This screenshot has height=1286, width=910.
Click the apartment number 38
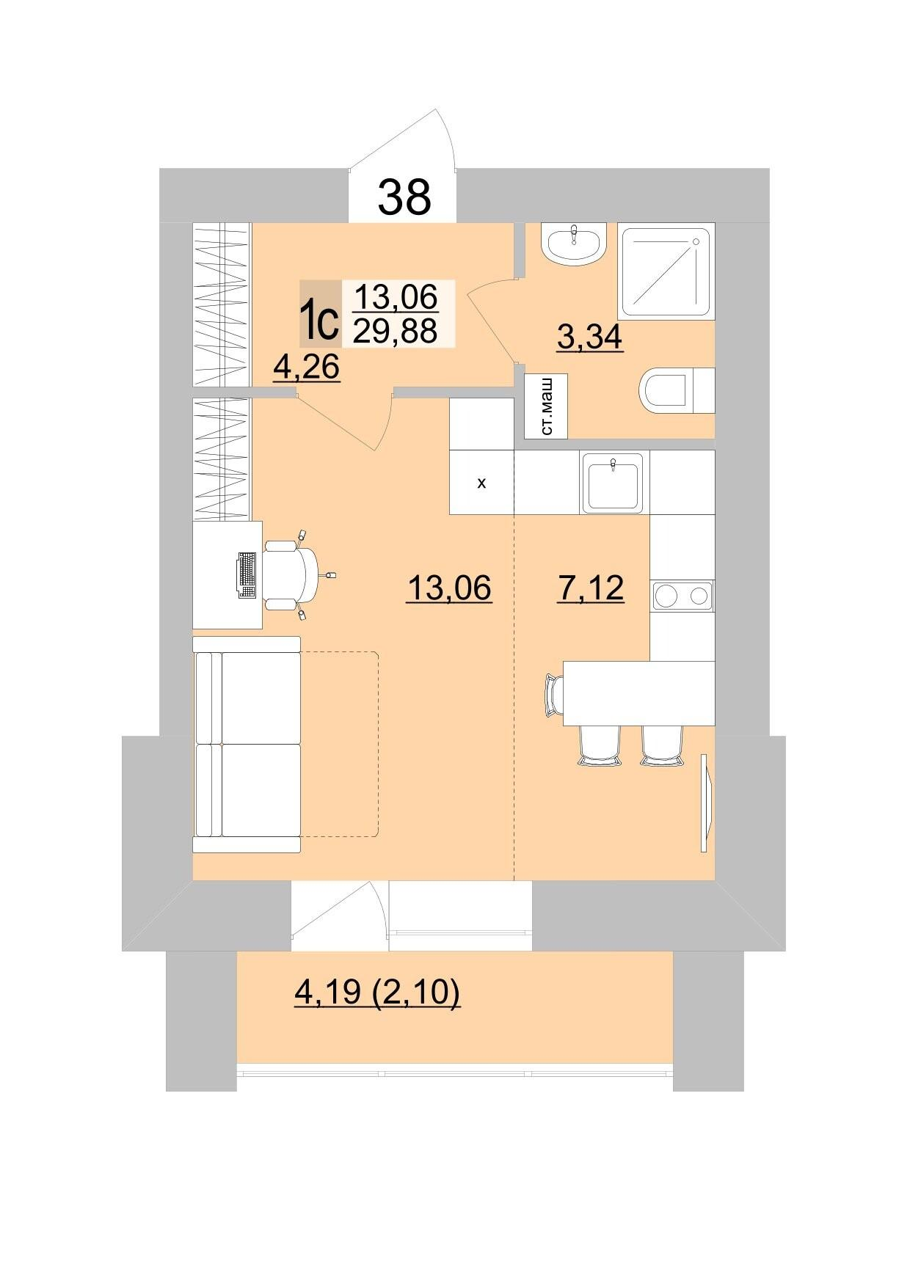[404, 197]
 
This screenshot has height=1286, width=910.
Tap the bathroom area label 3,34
[589, 337]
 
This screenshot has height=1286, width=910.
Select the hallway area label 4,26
[306, 366]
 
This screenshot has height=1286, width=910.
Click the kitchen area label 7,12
[591, 588]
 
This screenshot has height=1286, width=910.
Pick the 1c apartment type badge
[320, 314]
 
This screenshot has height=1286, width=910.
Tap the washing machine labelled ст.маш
[546, 406]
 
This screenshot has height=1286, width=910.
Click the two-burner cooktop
[682, 596]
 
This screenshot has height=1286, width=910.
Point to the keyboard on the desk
[247, 575]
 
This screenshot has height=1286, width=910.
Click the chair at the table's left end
[553, 694]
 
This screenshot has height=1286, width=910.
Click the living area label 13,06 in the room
[448, 588]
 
